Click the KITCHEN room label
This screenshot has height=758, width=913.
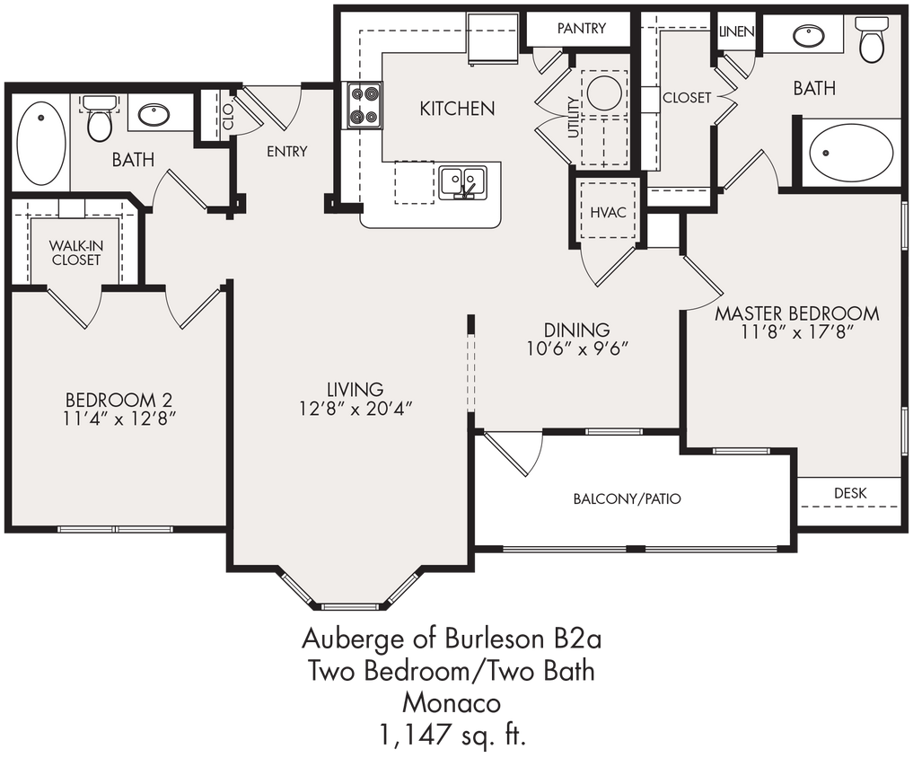click(457, 109)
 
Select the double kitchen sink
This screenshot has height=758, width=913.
click(462, 181)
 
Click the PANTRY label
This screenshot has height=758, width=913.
click(581, 29)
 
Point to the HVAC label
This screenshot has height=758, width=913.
click(608, 212)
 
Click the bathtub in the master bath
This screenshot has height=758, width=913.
click(850, 153)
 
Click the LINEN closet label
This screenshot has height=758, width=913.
click(736, 31)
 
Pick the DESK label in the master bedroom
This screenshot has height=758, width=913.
click(849, 493)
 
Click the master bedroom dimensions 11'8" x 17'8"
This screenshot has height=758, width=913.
click(796, 332)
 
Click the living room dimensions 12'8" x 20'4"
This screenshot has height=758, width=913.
click(356, 408)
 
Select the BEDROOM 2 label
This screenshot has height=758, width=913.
click(119, 399)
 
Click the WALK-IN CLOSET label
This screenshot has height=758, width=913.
click(75, 252)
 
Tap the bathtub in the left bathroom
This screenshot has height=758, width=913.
click(41, 144)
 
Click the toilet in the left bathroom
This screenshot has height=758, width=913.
click(100, 120)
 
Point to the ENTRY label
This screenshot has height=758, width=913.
click(286, 152)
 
